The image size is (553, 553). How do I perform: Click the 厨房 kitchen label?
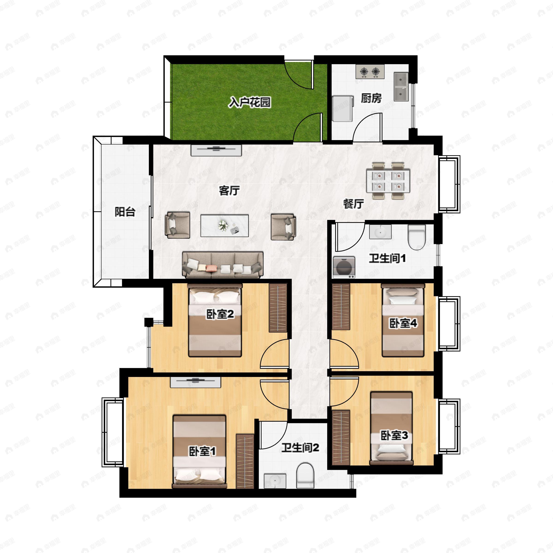pyautogui.click(x=371, y=98)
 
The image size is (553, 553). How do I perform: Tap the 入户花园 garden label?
pyautogui.click(x=249, y=102)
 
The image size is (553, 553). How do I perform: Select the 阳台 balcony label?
pyautogui.click(x=125, y=212)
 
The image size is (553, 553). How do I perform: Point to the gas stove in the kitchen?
pyautogui.click(x=370, y=72)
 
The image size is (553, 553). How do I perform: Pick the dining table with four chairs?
pyautogui.click(x=388, y=181)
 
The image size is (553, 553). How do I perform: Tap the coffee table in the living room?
pyautogui.click(x=224, y=226)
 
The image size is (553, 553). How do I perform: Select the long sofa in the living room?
pyautogui.click(x=223, y=265)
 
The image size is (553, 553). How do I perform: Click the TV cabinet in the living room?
pyautogui.click(x=216, y=150)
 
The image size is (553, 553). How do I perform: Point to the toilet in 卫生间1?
pyautogui.click(x=417, y=237)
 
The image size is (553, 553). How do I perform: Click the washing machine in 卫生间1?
pyautogui.click(x=344, y=267)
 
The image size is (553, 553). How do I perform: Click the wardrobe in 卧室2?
pyautogui.click(x=278, y=308)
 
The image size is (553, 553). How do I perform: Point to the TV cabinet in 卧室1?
pyautogui.click(x=195, y=382)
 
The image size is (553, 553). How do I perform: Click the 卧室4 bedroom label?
pyautogui.click(x=403, y=324)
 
